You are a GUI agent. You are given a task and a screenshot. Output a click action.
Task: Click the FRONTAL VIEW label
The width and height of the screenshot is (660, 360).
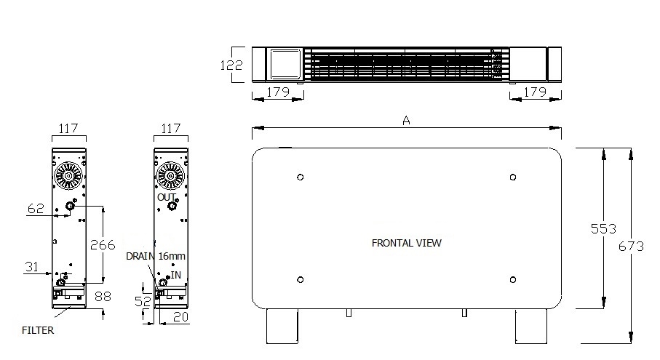pos(406,243)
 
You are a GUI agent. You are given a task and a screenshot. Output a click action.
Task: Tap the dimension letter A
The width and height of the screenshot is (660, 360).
pos(406,121)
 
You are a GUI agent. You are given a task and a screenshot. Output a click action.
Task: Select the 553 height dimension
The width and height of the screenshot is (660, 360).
pos(603,228)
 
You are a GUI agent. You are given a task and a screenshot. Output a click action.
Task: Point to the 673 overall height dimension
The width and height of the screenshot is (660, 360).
pos(631,246)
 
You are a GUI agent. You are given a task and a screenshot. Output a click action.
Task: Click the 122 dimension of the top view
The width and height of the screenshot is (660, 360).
pos(231,65)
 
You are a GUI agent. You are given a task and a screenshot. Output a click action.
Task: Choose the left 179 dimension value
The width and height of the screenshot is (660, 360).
pos(278,91)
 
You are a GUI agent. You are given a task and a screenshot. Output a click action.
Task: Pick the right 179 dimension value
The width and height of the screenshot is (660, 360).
pos(535,91)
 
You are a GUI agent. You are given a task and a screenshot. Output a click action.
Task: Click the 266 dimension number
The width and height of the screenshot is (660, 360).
pos(103,245)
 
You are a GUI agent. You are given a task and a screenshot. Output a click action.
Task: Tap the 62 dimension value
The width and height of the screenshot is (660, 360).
pos(36,209)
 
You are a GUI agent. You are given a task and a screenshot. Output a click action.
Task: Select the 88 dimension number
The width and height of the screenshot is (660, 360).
pos(103,297)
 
